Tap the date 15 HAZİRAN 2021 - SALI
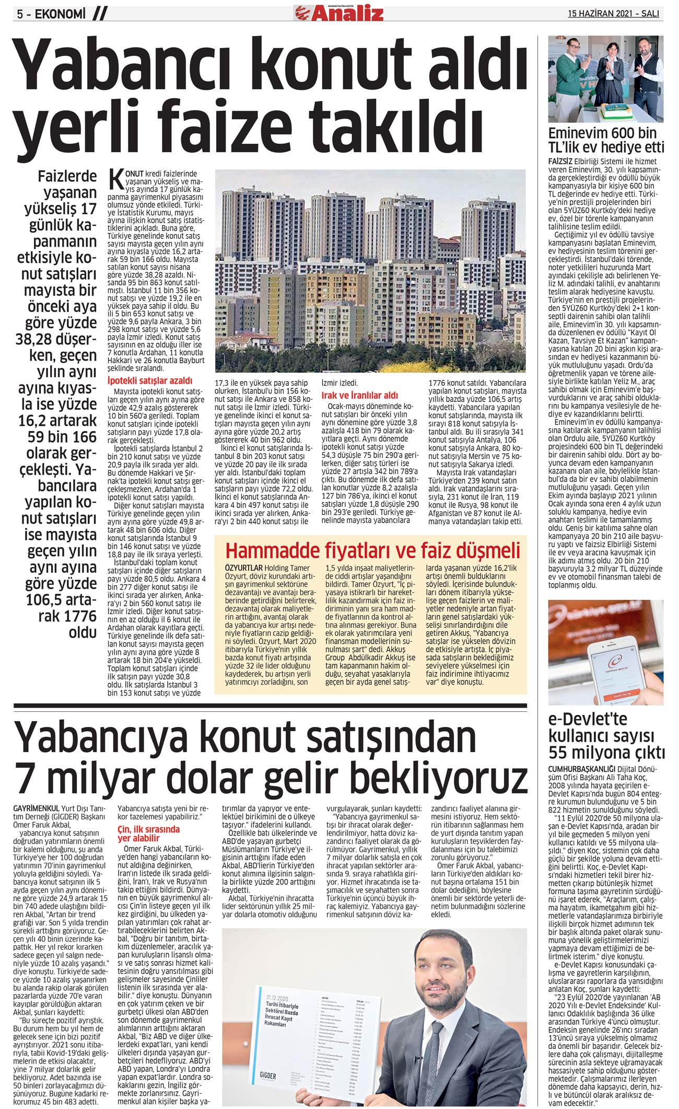[613, 14]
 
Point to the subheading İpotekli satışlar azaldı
[149, 380]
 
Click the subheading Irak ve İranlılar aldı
[359, 395]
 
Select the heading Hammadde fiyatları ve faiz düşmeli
[372, 550]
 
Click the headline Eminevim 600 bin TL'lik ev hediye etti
[606, 140]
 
